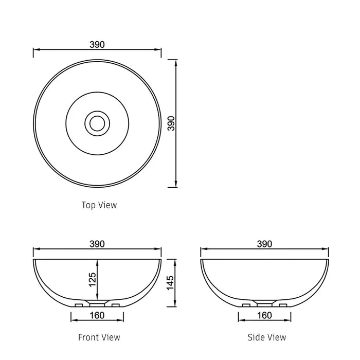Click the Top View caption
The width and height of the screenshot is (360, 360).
click(99, 205)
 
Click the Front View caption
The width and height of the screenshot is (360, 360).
click(99, 337)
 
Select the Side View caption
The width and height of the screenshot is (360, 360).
click(267, 337)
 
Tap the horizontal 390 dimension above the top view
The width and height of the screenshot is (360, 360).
click(97, 45)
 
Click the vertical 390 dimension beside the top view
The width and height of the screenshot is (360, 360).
click(171, 123)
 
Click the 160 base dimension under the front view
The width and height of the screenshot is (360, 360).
click(97, 315)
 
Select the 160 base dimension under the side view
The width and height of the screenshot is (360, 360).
click(264, 315)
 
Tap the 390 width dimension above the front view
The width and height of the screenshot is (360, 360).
click(97, 244)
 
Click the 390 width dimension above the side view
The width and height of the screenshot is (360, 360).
click(264, 244)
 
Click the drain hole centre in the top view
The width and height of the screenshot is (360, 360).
click(97, 122)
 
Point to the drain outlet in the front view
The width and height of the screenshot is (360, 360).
click(97, 303)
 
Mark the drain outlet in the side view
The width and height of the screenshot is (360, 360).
click(264, 303)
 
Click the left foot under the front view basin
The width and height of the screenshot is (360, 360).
click(79, 305)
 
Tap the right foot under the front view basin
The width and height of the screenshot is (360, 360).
click(115, 305)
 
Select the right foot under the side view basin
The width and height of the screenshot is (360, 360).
click(282, 305)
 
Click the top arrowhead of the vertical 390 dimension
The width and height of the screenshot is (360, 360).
click(176, 62)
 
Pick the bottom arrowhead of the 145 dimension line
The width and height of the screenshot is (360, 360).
click(176, 304)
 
